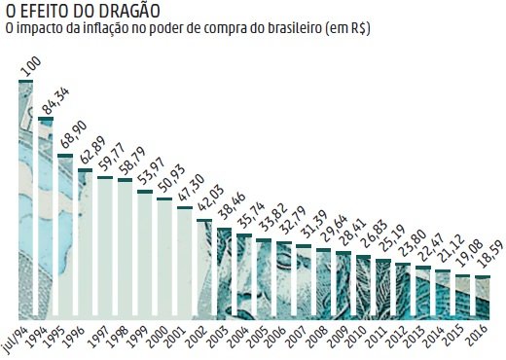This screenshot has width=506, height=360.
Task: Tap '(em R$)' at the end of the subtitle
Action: click(345, 31)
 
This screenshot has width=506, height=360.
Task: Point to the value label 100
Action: click(31, 68)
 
